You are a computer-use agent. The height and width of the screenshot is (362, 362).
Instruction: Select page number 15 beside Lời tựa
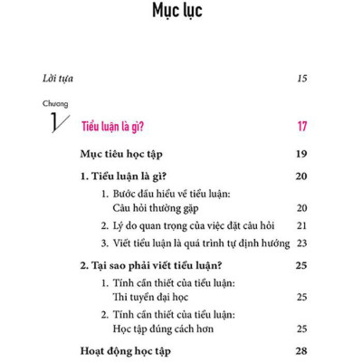coord(302,79)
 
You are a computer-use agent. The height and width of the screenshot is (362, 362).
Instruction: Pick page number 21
coord(302,224)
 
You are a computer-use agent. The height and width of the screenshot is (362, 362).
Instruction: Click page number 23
coord(302,243)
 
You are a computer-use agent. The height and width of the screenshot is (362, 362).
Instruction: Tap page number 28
coord(302,349)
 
